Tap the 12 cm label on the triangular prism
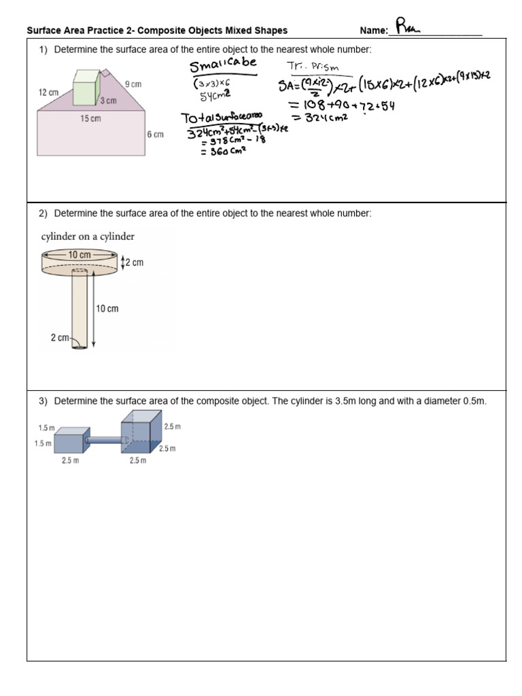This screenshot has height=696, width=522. [x=49, y=92]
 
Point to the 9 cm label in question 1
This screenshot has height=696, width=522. [x=133, y=84]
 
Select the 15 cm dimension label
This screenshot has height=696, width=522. [x=90, y=118]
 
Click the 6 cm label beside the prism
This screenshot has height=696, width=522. [x=155, y=135]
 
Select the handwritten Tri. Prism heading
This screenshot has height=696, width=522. [x=311, y=66]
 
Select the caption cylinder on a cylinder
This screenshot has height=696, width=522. [x=87, y=237]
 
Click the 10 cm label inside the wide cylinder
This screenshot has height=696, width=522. [x=79, y=255]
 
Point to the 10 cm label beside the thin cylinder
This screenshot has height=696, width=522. [x=107, y=309]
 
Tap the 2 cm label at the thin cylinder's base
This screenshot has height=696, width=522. [x=60, y=337]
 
